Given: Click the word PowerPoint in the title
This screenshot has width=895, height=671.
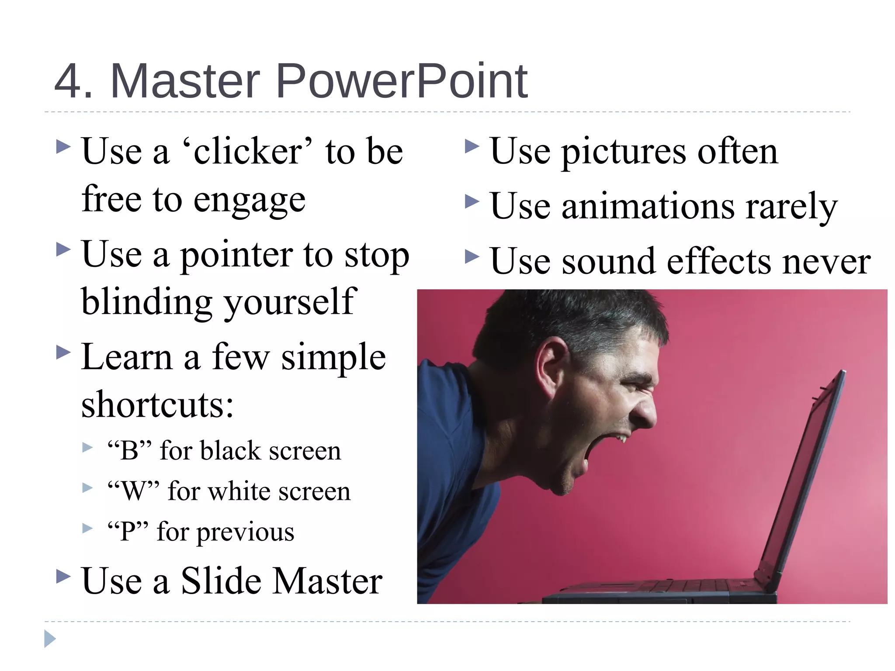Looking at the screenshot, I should [401, 82].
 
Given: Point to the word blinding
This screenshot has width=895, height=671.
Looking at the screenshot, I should [146, 302].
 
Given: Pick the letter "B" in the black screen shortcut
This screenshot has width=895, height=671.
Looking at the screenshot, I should [129, 451].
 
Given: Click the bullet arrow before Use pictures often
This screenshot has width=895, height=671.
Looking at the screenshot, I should [472, 146].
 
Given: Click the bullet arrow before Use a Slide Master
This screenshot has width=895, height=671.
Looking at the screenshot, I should [63, 576].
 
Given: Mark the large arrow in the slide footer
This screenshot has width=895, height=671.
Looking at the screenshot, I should [50, 639].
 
